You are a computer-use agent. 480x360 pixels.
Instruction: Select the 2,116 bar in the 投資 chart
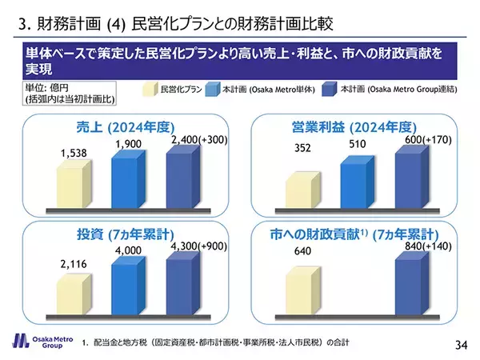tap(74, 289)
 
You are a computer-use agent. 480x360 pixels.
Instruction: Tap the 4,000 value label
tap(128, 250)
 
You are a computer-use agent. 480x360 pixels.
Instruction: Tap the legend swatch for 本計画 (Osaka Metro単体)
tap(214, 90)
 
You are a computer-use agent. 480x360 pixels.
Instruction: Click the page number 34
tap(460, 345)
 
